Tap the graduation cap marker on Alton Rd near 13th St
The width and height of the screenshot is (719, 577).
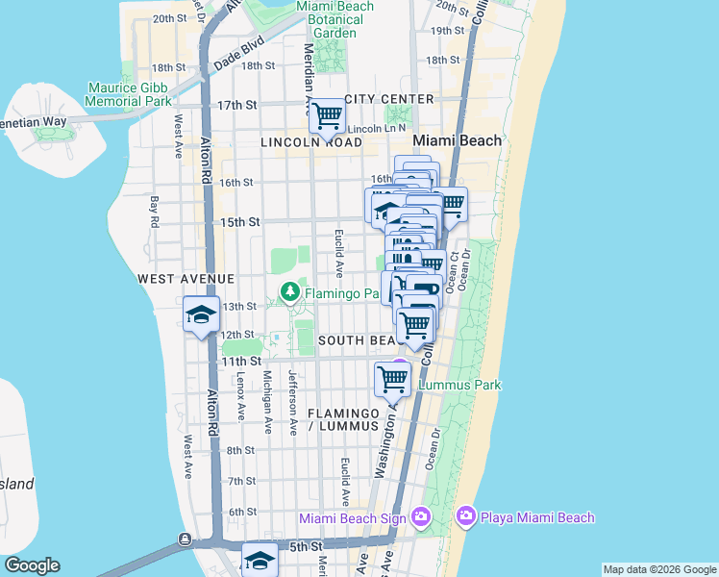(202, 315)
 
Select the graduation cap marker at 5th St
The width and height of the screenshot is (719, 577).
(260, 561)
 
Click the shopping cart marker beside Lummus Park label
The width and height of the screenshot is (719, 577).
(392, 379)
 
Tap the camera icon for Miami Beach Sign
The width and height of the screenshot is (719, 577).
(421, 518)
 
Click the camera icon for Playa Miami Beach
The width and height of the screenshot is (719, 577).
(466, 517)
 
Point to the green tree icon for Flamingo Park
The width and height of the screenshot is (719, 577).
(288, 291)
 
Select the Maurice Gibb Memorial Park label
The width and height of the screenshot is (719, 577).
(129, 93)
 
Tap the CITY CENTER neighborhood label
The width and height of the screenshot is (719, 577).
(389, 99)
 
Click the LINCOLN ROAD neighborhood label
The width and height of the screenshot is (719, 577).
(311, 142)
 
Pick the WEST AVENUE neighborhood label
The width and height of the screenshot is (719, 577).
(186, 278)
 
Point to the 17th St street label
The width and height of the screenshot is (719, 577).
(237, 105)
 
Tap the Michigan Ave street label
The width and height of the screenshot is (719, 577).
(268, 401)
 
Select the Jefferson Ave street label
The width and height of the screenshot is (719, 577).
(292, 394)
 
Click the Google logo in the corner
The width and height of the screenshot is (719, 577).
(32, 565)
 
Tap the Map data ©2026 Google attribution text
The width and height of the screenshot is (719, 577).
(658, 569)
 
